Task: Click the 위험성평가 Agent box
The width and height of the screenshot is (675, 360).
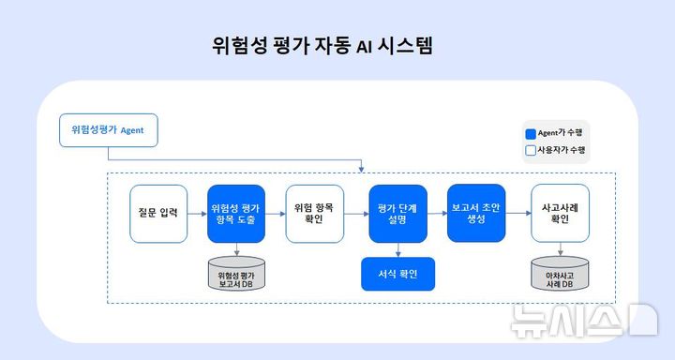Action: [x=108, y=129]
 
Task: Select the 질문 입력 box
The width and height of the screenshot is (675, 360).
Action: [x=157, y=214]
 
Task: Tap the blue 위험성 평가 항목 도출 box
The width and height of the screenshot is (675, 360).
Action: [x=236, y=214]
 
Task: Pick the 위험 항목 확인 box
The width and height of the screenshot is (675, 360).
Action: [x=315, y=214]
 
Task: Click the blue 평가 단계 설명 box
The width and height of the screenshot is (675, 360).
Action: [x=397, y=214]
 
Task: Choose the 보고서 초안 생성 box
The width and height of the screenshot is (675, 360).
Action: [x=476, y=214]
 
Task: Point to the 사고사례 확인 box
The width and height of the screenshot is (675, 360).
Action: [x=560, y=214]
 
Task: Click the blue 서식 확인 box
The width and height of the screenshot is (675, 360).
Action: [x=397, y=275]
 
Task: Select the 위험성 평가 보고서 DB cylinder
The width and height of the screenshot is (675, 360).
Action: [x=236, y=275]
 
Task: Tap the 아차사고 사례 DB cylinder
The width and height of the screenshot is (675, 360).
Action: [x=560, y=275]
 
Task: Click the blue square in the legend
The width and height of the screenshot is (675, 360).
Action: [x=531, y=133]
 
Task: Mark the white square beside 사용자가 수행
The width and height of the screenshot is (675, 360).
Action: [x=531, y=150]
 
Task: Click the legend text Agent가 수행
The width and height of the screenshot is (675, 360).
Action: [x=566, y=133]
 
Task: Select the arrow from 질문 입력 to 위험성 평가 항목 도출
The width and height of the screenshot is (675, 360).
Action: [x=196, y=214]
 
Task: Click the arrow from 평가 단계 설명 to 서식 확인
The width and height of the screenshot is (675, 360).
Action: [x=397, y=250]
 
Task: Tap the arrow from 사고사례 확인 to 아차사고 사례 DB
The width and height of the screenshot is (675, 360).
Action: [x=560, y=249]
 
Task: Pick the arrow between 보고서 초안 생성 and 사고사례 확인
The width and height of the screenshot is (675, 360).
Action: [x=518, y=214]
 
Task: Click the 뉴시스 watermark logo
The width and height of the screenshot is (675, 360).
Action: [x=583, y=321]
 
